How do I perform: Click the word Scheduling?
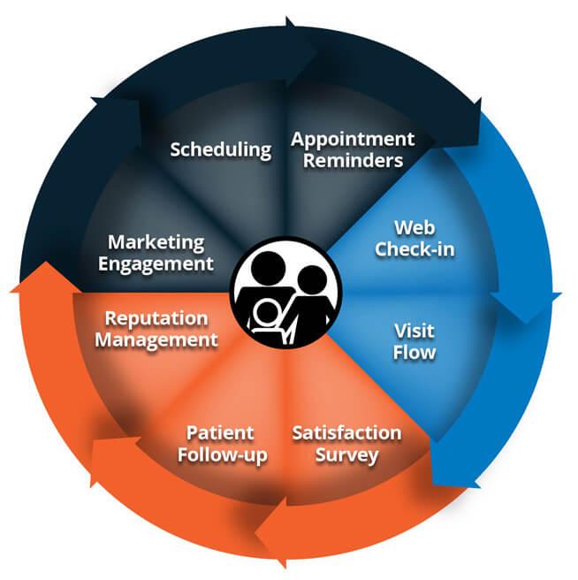[x=221, y=149]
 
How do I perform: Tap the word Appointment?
[x=353, y=140]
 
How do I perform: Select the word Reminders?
[x=354, y=161]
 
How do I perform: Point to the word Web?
[x=414, y=227]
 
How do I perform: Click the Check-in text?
[x=414, y=248]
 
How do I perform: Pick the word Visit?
[x=414, y=331]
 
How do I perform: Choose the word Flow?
[x=414, y=352]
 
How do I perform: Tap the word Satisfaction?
[x=346, y=433]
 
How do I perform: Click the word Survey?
[x=346, y=455]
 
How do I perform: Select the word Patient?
[x=220, y=433]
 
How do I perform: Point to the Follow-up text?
[x=222, y=455]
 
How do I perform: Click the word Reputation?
[x=156, y=319]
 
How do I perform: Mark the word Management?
[x=156, y=340]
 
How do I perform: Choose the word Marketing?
[x=156, y=243]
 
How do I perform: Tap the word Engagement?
[x=156, y=264]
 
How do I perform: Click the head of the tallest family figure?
[x=268, y=268]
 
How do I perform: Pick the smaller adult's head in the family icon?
[x=312, y=279]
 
